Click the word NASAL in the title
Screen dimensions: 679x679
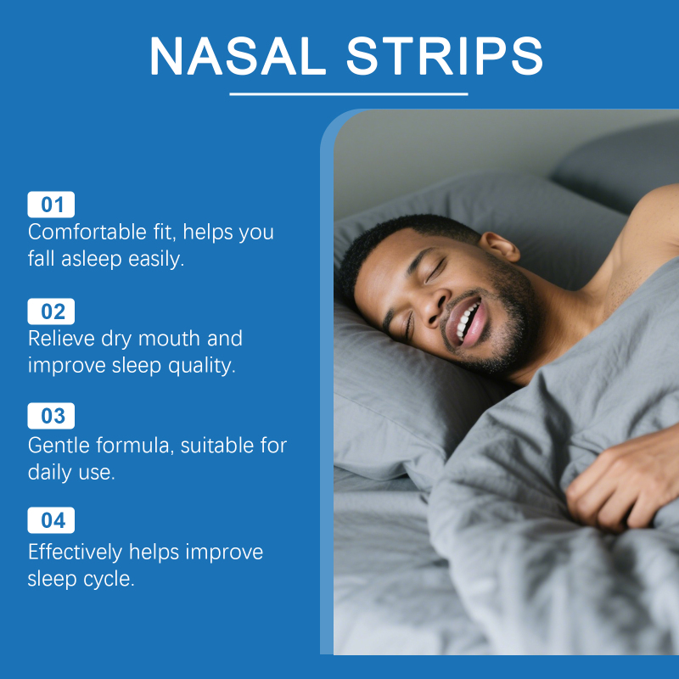tap(238, 56)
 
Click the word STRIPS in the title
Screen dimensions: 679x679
tap(444, 56)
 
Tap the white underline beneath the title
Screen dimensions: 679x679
tap(349, 93)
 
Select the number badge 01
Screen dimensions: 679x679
tap(51, 205)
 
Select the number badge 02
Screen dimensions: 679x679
tap(51, 311)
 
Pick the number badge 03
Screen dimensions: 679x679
tap(51, 416)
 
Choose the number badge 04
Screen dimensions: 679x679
tap(51, 520)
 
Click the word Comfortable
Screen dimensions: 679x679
tap(87, 232)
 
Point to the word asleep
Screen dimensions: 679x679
tap(92, 260)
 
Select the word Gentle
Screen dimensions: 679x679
tap(59, 445)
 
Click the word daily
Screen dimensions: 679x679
tap(50, 473)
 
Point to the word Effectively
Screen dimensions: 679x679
tap(76, 552)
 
